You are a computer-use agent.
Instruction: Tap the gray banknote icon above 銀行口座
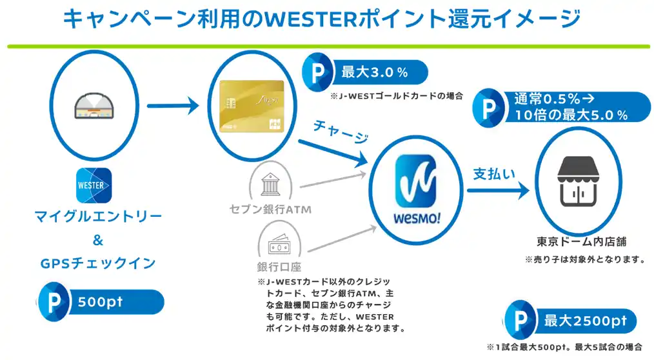[x=281, y=246]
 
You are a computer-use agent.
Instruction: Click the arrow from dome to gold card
[x=172, y=105]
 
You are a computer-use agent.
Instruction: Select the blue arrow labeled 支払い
[x=497, y=190]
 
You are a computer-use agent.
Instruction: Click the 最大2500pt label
[x=585, y=321]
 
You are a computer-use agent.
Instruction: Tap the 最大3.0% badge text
[x=374, y=72]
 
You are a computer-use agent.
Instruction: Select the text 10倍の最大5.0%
[x=571, y=115]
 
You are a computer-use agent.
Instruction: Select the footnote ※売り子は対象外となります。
[x=585, y=260]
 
